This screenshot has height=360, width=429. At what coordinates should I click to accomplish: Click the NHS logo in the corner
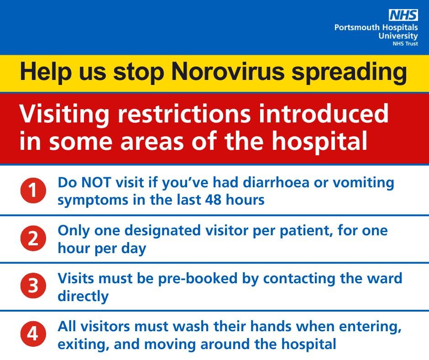pyautogui.click(x=403, y=15)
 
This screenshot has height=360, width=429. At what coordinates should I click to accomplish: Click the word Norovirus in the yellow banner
pyautogui.click(x=228, y=71)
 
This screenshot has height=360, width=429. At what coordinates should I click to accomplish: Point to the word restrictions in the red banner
pyautogui.click(x=184, y=114)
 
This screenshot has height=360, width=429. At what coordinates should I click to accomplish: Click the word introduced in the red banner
pyautogui.click(x=324, y=113)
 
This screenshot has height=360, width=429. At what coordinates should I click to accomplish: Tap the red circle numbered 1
pyautogui.click(x=33, y=191)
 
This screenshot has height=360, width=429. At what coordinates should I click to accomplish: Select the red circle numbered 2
pyautogui.click(x=33, y=238)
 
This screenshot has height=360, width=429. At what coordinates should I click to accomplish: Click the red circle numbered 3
pyautogui.click(x=33, y=286)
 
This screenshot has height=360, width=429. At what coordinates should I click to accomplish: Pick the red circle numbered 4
pyautogui.click(x=33, y=334)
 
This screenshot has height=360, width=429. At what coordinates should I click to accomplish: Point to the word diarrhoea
pyautogui.click(x=276, y=182)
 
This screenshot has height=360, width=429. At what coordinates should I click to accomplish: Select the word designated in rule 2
pyautogui.click(x=163, y=231)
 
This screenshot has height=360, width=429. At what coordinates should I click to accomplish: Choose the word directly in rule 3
pyautogui.click(x=83, y=296)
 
